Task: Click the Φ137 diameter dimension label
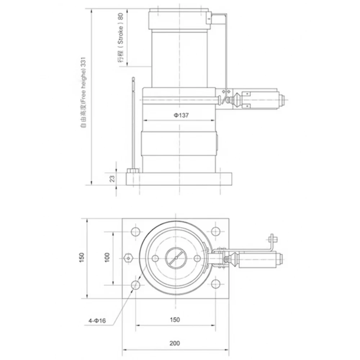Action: [x=179, y=115]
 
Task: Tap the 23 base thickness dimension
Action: [x=112, y=178]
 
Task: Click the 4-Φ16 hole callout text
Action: [x=96, y=320]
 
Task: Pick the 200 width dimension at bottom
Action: [x=175, y=343]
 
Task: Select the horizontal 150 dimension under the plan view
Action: [x=175, y=319]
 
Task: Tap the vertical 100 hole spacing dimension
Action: [x=107, y=257]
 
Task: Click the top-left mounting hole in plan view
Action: [x=136, y=231]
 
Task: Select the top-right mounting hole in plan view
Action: [x=215, y=231]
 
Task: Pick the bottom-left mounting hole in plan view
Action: [x=136, y=285]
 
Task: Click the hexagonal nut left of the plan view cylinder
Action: [x=127, y=258]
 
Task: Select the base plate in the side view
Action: [x=179, y=179]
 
